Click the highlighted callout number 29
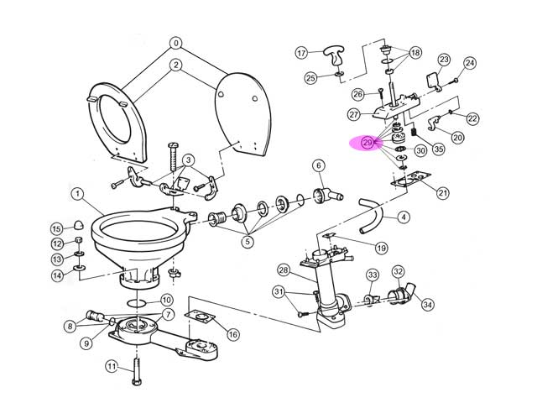click(368, 144)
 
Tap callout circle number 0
click(175, 43)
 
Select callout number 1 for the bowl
click(76, 195)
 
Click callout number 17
click(302, 53)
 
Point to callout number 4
click(404, 217)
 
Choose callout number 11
click(111, 366)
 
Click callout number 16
click(232, 334)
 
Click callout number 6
click(319, 165)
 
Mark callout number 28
click(283, 270)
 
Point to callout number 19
click(381, 249)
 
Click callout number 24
click(470, 63)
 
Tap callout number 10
click(166, 300)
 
